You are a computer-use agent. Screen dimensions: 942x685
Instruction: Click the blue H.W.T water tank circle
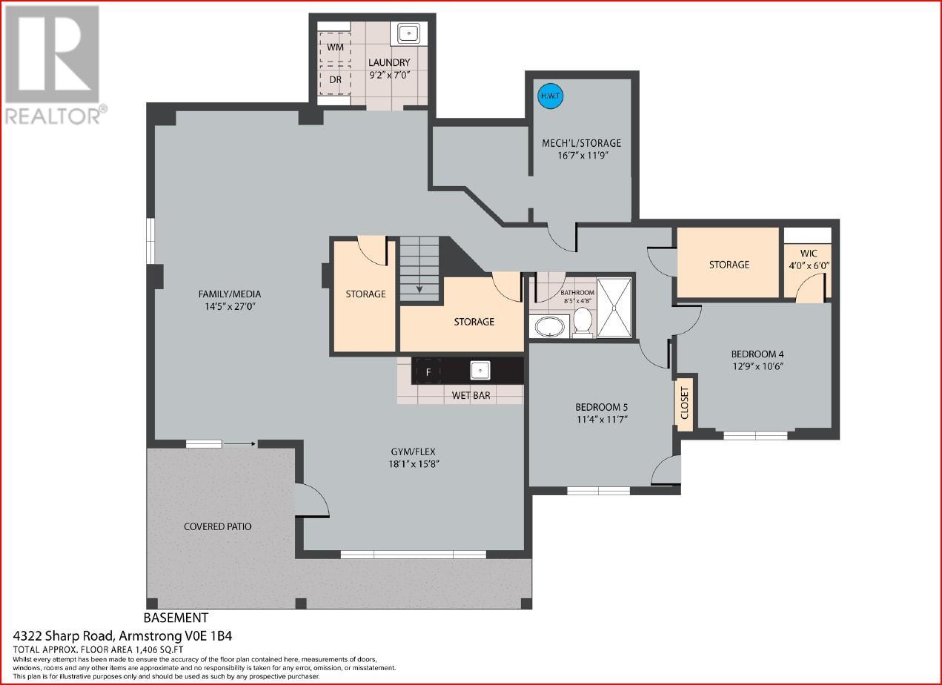click(x=551, y=96)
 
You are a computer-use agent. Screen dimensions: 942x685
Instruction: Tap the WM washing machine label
click(x=335, y=47)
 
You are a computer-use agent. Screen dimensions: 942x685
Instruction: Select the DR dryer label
click(x=335, y=79)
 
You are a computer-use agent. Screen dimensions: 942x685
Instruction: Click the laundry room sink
click(x=408, y=33)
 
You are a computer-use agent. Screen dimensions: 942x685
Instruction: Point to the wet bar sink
click(x=480, y=370)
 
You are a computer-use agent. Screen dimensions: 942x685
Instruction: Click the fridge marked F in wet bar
click(x=428, y=372)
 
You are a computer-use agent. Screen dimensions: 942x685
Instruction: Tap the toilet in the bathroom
click(x=583, y=322)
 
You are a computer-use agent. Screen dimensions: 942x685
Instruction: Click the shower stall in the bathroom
click(x=614, y=308)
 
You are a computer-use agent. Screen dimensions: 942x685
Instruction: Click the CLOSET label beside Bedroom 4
click(x=684, y=403)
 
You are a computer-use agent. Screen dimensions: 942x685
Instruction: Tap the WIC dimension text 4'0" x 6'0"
click(x=809, y=266)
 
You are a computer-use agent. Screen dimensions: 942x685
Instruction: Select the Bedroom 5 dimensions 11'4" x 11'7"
click(x=602, y=419)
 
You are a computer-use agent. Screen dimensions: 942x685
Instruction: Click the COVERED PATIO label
click(x=217, y=526)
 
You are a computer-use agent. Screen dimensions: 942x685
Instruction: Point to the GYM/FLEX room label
click(x=414, y=451)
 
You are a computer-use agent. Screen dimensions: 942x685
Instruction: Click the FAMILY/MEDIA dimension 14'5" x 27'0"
click(x=230, y=306)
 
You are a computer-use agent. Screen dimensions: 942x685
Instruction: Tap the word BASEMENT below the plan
click(x=176, y=618)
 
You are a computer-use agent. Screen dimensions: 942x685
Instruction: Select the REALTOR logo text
click(x=53, y=116)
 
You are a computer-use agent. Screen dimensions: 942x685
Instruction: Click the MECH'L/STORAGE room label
click(x=582, y=143)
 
